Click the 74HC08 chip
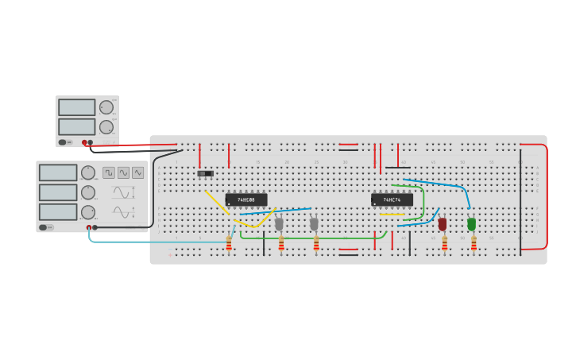click(245, 199)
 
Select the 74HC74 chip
click(392, 199)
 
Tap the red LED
click(443, 224)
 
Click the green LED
click(471, 224)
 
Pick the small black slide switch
click(206, 173)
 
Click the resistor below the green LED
click(474, 243)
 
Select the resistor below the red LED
click(445, 243)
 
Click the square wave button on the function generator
click(109, 172)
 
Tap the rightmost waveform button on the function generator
click(137, 172)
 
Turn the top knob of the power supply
click(106, 107)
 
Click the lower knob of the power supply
click(106, 127)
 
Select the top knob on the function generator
click(87, 172)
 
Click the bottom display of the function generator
click(58, 212)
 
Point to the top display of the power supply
click(76, 107)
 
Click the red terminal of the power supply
click(84, 142)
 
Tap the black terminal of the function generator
click(95, 227)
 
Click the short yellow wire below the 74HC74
click(392, 215)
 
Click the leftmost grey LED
click(279, 224)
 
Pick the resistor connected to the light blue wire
click(229, 243)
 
